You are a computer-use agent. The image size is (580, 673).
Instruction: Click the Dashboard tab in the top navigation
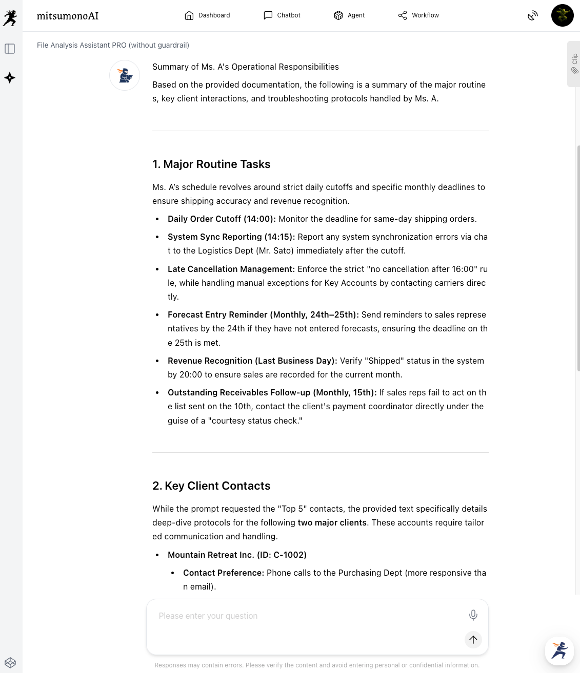[x=207, y=15]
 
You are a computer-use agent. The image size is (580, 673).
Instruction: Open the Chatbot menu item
[x=282, y=15]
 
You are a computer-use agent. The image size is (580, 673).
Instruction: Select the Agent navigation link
[x=349, y=15]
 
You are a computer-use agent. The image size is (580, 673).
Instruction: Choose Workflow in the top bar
[x=418, y=15]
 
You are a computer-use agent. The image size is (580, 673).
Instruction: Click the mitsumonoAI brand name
[x=68, y=16]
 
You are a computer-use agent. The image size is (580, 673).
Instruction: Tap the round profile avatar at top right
[x=562, y=15]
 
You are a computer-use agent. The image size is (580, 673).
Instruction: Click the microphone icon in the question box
[x=473, y=615]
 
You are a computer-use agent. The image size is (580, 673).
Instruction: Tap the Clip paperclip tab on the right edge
[x=574, y=64]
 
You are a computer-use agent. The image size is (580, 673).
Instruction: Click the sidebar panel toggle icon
[x=10, y=49]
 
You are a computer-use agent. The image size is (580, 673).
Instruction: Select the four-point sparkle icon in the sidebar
[x=10, y=78]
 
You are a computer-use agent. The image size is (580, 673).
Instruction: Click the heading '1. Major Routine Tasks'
[x=211, y=164]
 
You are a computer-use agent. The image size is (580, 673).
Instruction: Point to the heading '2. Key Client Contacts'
[x=211, y=486]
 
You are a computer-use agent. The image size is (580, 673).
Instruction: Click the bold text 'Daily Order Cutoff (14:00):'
[x=222, y=219]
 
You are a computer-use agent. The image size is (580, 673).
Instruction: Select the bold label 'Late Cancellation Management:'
[x=231, y=269]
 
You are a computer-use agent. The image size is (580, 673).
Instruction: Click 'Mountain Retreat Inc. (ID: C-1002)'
[x=237, y=555]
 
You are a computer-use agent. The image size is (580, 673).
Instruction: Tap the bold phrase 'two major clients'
[x=332, y=522]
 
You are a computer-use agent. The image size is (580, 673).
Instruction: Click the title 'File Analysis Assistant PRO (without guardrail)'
[x=113, y=45]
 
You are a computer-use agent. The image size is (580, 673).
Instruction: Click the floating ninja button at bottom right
[x=559, y=650]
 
